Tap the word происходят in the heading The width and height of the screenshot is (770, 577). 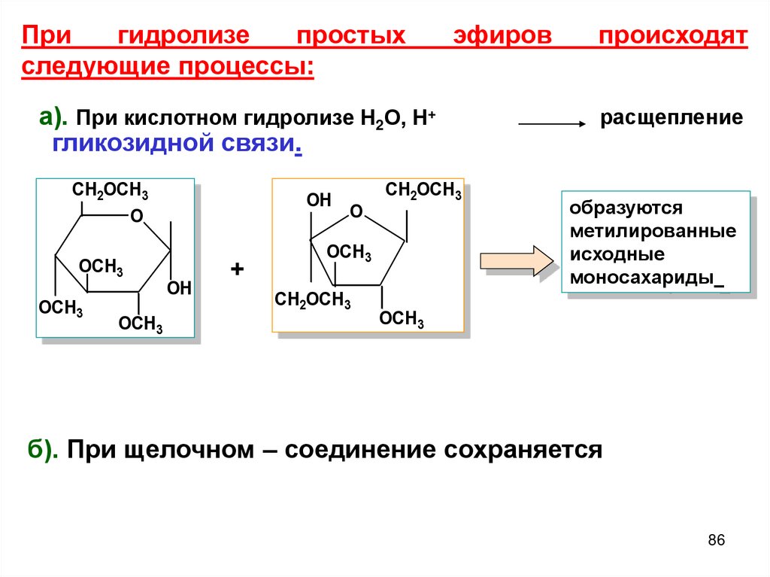673,36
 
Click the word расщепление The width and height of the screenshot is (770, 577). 671,118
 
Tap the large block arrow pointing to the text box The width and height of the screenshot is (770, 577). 517,261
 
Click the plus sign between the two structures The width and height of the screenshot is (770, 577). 238,269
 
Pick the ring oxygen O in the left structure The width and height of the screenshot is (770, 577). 136,217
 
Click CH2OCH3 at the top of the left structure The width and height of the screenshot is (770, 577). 110,192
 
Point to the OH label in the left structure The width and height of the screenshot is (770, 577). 179,288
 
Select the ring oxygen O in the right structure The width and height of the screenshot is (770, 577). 356,211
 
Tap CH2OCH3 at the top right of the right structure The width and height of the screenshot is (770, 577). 423,190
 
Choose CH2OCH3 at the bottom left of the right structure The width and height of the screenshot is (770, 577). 313,300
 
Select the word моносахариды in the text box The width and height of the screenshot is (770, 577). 641,278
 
